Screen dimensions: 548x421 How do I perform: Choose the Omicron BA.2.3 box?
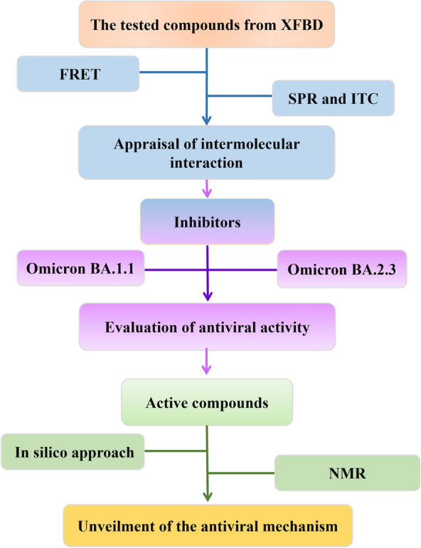click(341, 269)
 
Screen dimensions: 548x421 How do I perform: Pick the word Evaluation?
click(137, 327)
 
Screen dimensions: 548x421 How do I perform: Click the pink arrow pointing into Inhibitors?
click(207, 190)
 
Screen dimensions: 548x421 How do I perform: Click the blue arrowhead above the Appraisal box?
click(206, 121)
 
